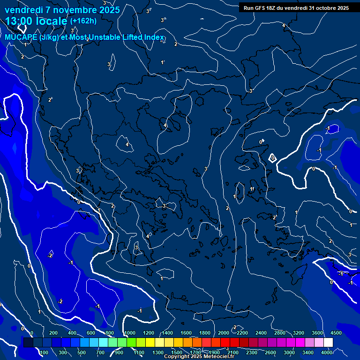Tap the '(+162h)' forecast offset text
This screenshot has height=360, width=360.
pyautogui.click(x=83, y=21)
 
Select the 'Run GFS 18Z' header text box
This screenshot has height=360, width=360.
pyautogui.click(x=296, y=7)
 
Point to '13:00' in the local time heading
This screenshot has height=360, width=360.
pyautogui.click(x=20, y=21)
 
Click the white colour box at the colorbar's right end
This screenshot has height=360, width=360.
pyautogui.click(x=328, y=343)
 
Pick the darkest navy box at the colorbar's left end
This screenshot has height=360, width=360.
pyautogui.click(x=28, y=343)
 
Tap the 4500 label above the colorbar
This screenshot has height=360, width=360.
pyautogui.click(x=336, y=333)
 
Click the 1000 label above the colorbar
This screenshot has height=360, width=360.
pyautogui.click(x=129, y=333)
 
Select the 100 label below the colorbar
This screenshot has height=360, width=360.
pyautogui.click(x=44, y=352)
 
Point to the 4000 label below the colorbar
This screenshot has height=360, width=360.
pyautogui.click(x=327, y=352)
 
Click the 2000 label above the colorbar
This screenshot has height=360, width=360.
pyautogui.click(x=224, y=333)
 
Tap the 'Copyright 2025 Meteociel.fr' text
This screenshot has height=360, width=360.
pyautogui.click(x=199, y=357)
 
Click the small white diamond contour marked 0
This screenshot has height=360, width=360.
pyautogui.click(x=272, y=158)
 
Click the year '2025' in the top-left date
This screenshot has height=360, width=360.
pyautogui.click(x=107, y=10)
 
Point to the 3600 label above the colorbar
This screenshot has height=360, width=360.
pyautogui.click(x=317, y=333)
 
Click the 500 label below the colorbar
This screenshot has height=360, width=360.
pyautogui.click(x=82, y=352)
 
